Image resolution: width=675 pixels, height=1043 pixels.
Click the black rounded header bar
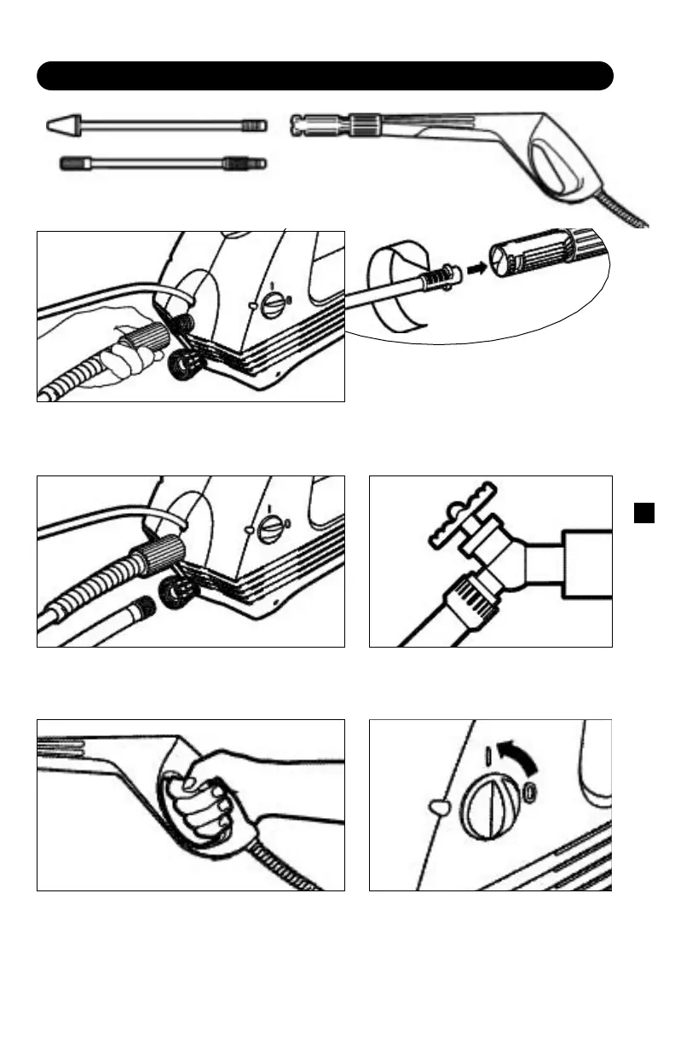tap(325, 75)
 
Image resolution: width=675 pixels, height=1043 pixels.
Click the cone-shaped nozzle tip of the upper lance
tap(63, 125)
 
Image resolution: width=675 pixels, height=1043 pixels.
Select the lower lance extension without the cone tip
tap(162, 162)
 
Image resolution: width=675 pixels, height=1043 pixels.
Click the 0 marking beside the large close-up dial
tap(530, 792)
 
